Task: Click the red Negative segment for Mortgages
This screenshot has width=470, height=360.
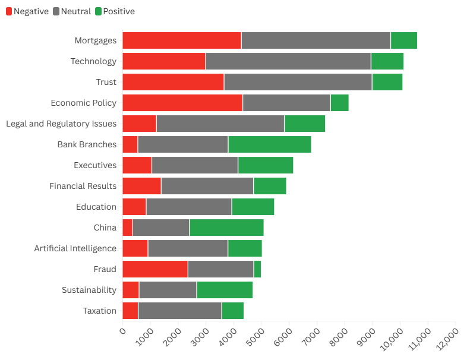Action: click(182, 40)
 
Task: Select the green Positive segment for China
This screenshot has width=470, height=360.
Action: click(226, 228)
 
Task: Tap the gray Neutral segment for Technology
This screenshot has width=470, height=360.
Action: click(288, 61)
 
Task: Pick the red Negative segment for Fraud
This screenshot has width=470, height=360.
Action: click(155, 269)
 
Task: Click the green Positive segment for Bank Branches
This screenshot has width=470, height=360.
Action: click(270, 144)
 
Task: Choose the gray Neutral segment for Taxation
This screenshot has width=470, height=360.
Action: click(180, 311)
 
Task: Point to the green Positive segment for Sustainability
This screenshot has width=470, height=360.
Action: click(225, 290)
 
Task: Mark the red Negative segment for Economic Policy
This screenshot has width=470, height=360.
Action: click(182, 103)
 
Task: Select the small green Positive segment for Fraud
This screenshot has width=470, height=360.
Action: click(257, 269)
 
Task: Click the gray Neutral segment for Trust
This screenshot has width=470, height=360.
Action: click(298, 82)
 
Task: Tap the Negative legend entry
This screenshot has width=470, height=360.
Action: click(27, 11)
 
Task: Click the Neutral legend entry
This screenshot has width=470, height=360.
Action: click(72, 11)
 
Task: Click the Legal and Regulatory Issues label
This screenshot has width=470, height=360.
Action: click(61, 124)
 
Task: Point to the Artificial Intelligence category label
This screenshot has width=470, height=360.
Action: click(75, 248)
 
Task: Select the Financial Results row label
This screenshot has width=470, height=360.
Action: click(83, 186)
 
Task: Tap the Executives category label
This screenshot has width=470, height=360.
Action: click(95, 165)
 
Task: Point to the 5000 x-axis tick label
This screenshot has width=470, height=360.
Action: click(254, 337)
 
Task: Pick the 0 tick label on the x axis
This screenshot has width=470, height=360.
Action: click(123, 330)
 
